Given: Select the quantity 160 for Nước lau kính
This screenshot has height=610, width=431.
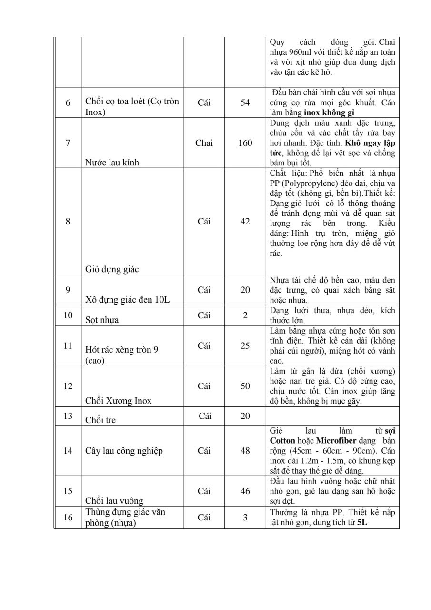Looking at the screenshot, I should [245, 143].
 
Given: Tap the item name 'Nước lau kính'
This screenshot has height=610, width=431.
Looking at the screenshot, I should [112, 163].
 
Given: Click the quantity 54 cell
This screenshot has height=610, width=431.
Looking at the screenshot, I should [245, 102].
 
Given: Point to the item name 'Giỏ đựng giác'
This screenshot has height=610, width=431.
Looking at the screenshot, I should [112, 269].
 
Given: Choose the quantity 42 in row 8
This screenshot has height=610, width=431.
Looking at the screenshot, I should [245, 222].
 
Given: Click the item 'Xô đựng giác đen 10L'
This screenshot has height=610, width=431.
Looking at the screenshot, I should [128, 300].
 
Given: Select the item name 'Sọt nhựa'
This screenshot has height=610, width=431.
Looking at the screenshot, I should [102, 320].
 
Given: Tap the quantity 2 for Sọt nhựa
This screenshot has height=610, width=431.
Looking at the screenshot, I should [245, 315].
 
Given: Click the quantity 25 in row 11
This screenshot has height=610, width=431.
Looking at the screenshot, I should [245, 346].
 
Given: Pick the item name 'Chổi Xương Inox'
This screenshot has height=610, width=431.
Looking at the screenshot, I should [118, 401].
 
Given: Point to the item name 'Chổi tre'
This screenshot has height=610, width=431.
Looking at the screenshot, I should [100, 420].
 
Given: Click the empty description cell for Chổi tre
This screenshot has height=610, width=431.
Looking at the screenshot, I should [332, 416].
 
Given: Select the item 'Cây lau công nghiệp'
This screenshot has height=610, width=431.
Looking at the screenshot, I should [124, 451].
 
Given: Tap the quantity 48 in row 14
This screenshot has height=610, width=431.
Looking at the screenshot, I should [245, 451].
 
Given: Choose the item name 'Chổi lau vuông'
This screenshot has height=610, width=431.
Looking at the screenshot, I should [114, 501].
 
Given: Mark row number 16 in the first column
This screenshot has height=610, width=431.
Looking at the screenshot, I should [68, 518].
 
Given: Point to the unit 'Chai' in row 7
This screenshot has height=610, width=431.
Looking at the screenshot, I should [204, 143].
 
